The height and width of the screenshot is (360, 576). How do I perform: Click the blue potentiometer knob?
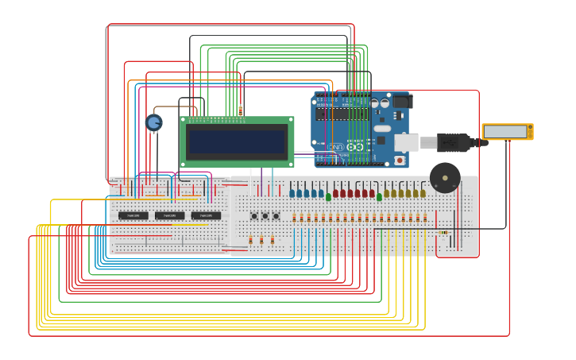(x=154, y=122)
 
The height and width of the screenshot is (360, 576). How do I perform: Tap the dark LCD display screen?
(x=237, y=142)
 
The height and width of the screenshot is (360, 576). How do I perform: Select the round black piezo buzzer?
(x=445, y=177)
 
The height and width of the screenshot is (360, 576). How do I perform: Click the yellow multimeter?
(x=507, y=132)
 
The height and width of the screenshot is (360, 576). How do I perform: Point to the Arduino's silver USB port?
(x=406, y=143)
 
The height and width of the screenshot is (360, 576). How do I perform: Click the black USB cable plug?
(x=454, y=143)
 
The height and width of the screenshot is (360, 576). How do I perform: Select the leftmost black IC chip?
(x=133, y=215)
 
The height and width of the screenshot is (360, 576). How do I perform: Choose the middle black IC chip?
(x=169, y=215)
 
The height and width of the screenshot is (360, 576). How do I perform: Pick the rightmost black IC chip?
(x=206, y=215)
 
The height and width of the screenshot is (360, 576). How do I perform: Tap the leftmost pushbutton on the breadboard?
(x=254, y=216)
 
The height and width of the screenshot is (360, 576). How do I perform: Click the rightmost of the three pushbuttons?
(x=276, y=216)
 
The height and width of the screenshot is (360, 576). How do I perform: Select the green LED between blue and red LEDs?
(x=328, y=196)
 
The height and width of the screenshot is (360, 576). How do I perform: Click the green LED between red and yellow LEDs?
(x=379, y=196)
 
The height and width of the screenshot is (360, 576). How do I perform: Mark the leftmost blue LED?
(x=292, y=193)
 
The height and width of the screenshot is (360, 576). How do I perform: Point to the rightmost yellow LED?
(x=423, y=193)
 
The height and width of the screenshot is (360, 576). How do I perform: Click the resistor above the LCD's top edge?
(x=240, y=110)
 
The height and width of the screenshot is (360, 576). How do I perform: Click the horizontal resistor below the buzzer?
(x=443, y=233)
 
